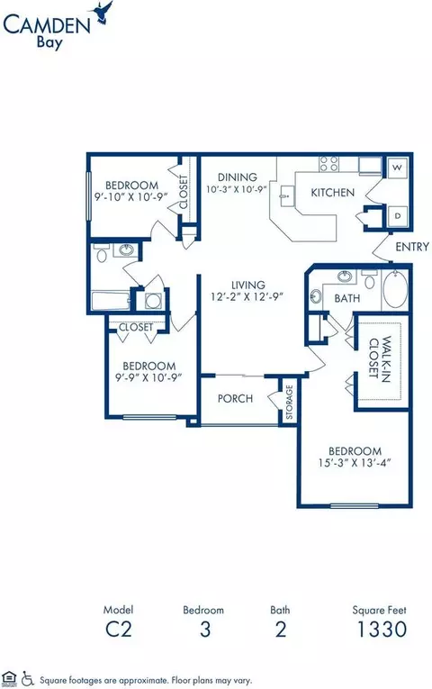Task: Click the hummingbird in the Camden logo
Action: [x=101, y=13]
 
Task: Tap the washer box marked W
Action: [x=397, y=168]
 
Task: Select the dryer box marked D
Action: [x=398, y=216]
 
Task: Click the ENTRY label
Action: [x=412, y=247]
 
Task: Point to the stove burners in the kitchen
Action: [x=328, y=163]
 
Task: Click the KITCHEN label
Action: [x=332, y=193]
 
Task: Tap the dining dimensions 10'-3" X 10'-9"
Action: [x=237, y=189]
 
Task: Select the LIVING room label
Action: [x=248, y=285]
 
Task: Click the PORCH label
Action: [x=235, y=399]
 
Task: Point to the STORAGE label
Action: [x=289, y=402]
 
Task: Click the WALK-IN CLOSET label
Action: [x=380, y=359]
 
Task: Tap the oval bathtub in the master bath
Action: [x=395, y=290]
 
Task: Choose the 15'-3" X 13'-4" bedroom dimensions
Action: [x=355, y=463]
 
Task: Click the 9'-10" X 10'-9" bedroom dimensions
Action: [x=131, y=197]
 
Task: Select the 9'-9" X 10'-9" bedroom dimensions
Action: [x=148, y=377]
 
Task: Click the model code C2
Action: [x=119, y=630]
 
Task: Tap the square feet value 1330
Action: [x=382, y=630]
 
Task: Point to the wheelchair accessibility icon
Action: [x=28, y=678]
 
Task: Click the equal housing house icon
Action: [x=9, y=677]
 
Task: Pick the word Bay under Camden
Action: [x=49, y=43]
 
